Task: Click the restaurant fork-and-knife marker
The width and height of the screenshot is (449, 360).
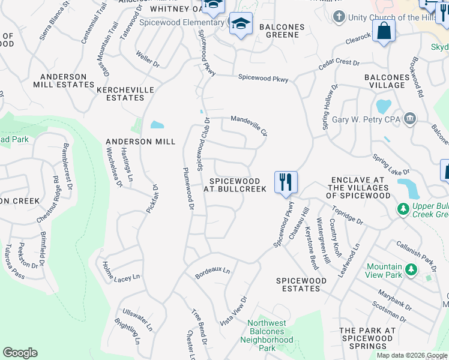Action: [286, 182]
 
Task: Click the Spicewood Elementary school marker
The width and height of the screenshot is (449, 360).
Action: [241, 25]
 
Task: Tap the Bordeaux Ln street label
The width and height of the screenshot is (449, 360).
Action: [213, 273]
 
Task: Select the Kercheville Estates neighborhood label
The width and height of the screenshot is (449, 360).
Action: [125, 94]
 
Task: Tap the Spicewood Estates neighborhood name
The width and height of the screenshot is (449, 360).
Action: [301, 284]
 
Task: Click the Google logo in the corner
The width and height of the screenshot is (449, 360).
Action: [20, 353]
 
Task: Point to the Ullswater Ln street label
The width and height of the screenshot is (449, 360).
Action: [137, 320]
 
